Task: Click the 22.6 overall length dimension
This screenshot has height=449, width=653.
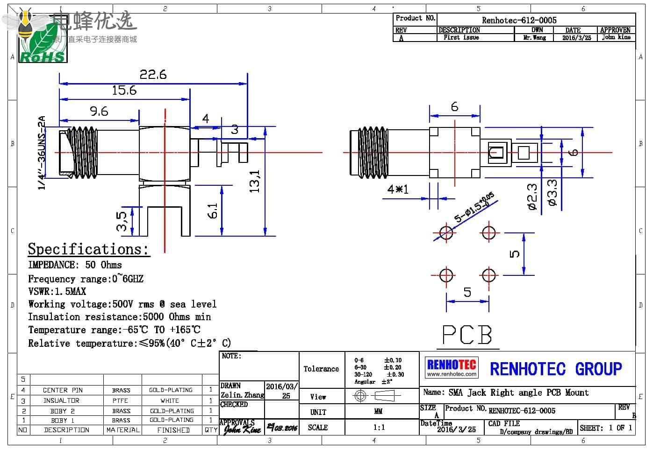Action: (153, 75)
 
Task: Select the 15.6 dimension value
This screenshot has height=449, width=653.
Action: (124, 90)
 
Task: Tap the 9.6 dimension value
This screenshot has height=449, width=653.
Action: (99, 111)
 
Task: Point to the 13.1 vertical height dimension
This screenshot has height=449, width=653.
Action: (255, 181)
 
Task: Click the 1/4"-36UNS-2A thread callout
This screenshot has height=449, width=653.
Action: (42, 152)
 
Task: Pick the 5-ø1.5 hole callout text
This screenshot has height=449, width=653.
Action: (474, 207)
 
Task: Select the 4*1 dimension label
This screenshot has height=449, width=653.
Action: (398, 189)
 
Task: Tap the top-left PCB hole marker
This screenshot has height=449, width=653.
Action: (446, 232)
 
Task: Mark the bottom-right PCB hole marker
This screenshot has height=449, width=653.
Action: (489, 275)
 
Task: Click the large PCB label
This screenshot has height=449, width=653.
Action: (467, 335)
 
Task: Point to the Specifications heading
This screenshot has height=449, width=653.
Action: (88, 249)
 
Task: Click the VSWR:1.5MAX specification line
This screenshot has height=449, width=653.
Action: (57, 291)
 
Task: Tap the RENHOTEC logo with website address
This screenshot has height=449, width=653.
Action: (452, 367)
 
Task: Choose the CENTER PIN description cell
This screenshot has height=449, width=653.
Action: (63, 390)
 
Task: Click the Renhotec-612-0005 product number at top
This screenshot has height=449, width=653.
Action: (519, 20)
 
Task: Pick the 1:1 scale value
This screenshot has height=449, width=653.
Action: (379, 427)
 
